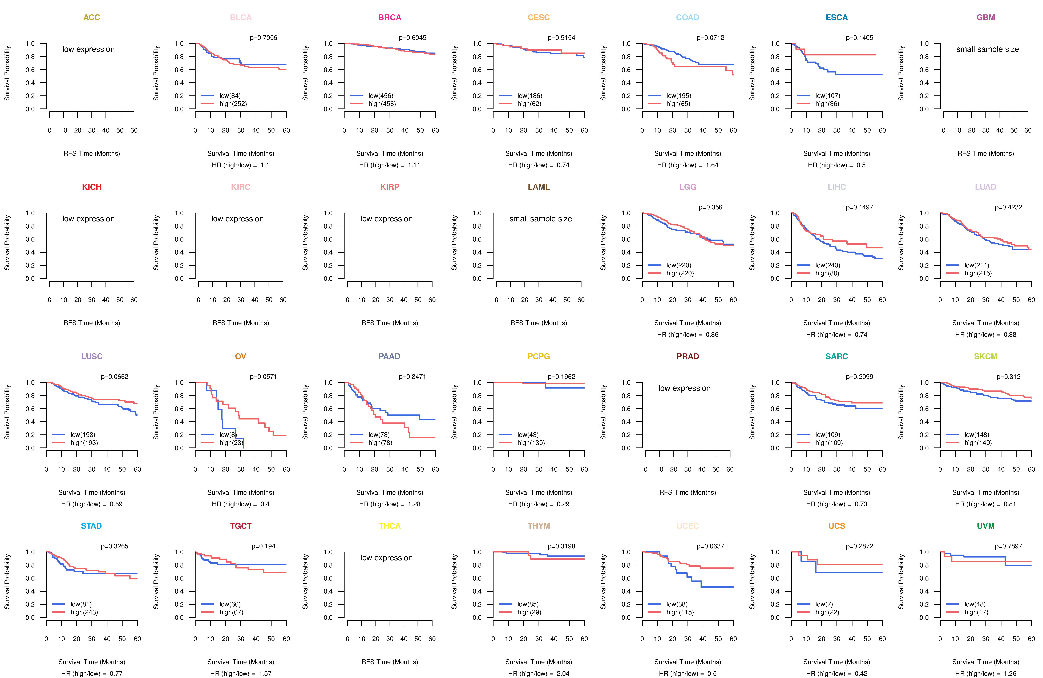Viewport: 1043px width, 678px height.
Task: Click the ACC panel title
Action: click(x=92, y=18)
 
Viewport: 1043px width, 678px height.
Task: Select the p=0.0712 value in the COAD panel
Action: click(x=710, y=38)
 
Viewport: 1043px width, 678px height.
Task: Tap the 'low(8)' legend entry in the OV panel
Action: click(x=228, y=435)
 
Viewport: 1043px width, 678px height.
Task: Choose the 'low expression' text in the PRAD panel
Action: click(x=684, y=388)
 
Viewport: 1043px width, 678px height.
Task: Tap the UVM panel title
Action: click(x=986, y=526)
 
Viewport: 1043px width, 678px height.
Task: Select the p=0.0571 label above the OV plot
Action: click(x=263, y=377)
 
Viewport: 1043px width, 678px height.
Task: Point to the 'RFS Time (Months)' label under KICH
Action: click(x=92, y=323)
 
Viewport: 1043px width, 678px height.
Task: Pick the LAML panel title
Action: click(x=539, y=187)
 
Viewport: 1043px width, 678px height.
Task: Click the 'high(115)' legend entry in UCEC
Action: click(x=680, y=612)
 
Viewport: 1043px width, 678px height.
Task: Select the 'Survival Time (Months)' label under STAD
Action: click(x=92, y=662)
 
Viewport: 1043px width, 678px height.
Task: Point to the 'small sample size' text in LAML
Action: click(x=540, y=219)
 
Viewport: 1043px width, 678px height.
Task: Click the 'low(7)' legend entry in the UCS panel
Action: click(x=824, y=604)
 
